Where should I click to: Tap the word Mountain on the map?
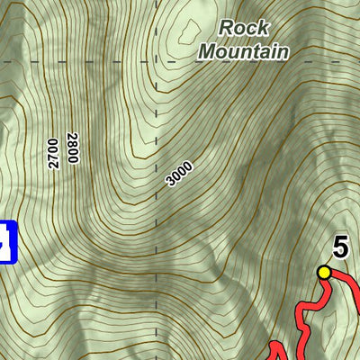coord(243,50)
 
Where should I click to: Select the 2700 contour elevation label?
coord(54,154)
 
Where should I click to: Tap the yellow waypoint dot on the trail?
coord(324,272)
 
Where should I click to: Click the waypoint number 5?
coord(340,246)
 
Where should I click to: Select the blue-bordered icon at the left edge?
coord(7,241)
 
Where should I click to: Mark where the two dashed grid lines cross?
coord(157,61)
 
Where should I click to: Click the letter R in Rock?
coord(226,28)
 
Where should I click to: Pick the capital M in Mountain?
coord(206,50)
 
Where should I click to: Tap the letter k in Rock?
coord(263,28)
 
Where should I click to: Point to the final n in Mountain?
coord(283,51)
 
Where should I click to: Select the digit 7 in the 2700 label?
coord(54,158)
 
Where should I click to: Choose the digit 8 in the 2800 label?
coord(73,142)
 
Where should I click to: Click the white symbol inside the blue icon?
coord(5,242)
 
